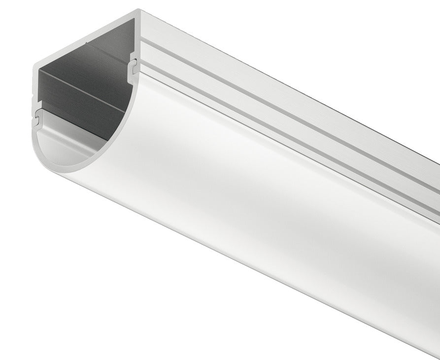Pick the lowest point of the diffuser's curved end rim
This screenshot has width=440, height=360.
(64, 171)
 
